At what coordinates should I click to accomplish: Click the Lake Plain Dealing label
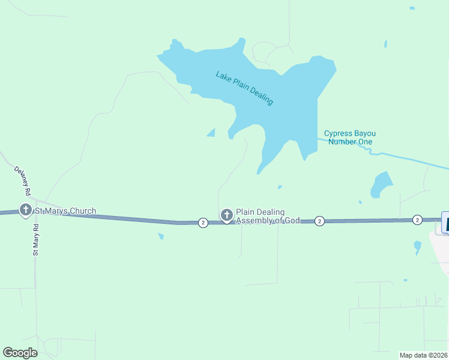coord(245,88)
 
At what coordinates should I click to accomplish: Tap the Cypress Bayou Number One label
coord(350,137)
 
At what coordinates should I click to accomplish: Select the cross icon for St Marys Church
coord(26,210)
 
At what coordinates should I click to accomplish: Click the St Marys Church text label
coord(65,211)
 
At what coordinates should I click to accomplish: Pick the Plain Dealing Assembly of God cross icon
coord(226,214)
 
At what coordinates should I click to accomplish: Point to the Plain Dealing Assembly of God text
coord(268,216)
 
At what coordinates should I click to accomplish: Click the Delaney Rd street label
coord(22,181)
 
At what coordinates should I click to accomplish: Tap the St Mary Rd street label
coord(35,240)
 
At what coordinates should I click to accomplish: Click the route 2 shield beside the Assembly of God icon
coord(203,223)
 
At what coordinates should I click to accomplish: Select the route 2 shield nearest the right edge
coord(417,220)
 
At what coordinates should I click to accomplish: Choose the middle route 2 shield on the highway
coord(319,221)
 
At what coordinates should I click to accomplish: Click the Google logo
coord(20,352)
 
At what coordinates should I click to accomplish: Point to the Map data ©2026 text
coord(423,355)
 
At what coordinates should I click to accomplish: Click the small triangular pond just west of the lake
coord(211,133)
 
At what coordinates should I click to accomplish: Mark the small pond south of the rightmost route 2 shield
coord(417,246)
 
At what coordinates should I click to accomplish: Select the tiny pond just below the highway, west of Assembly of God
coord(161,236)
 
